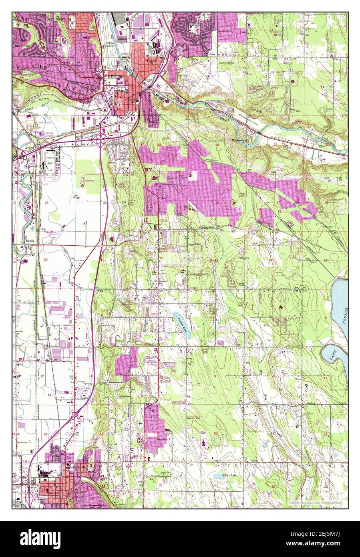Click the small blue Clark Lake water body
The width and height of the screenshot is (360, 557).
219,476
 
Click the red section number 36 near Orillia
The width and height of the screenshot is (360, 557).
45,260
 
